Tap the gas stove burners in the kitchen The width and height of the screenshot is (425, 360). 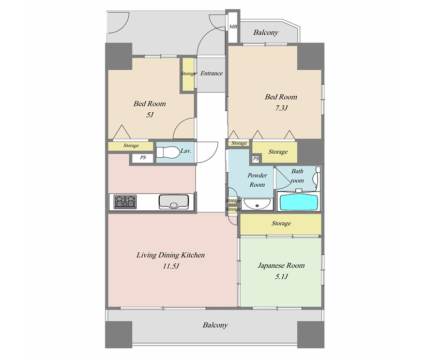point(125,202)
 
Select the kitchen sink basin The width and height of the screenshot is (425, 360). point(174,202)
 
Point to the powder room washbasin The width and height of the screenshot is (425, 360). point(257,204)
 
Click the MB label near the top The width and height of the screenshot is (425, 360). point(233,27)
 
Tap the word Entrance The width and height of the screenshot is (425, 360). point(212,74)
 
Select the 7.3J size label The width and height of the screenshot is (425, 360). point(281,108)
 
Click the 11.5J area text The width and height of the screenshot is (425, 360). point(171,266)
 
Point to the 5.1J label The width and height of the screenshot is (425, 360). point(281,277)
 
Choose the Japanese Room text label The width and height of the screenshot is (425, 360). point(281,266)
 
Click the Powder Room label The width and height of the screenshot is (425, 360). point(257,180)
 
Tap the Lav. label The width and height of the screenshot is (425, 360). point(186,151)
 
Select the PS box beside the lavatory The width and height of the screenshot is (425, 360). point(143,157)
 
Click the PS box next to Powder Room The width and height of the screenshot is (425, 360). point(256,159)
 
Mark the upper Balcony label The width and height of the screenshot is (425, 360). point(266,32)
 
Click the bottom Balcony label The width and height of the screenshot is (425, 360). point(215,325)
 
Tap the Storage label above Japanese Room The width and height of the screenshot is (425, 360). point(281,223)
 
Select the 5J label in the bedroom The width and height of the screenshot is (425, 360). point(150,115)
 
